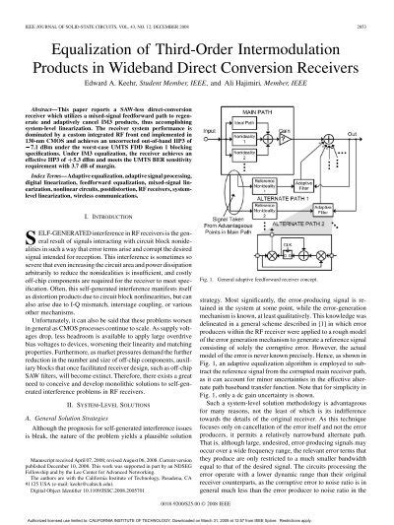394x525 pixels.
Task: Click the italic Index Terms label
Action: coord(45,172)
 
